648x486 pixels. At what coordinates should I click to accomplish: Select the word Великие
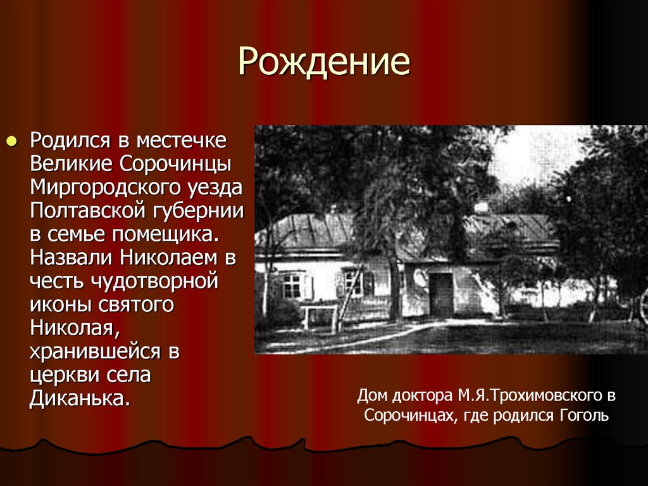pyautogui.click(x=70, y=163)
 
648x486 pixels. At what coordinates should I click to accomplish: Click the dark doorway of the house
pyautogui.click(x=442, y=293)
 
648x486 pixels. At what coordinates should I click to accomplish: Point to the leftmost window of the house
pyautogui.click(x=292, y=285)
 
